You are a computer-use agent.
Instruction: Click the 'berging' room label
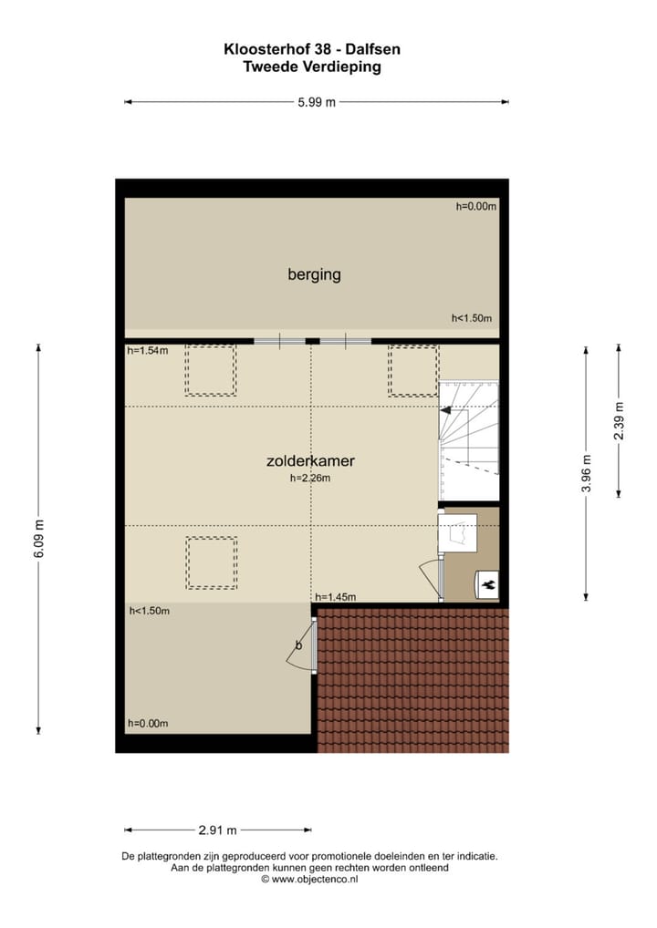pos(314,273)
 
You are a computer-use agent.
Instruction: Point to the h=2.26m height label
pos(309,478)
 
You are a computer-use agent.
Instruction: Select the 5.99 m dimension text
pos(316,102)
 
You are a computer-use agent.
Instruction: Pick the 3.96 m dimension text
pos(587,473)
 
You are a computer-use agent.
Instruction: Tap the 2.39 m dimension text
pos(619,420)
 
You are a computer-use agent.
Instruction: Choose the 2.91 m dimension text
pos(217,830)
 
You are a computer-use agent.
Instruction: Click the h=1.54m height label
pos(148,351)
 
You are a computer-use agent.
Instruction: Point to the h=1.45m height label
pos(335,597)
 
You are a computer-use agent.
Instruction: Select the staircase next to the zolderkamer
pos(469,423)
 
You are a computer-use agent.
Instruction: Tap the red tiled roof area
pos(412,679)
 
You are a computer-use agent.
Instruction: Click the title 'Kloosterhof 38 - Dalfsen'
pos(313,50)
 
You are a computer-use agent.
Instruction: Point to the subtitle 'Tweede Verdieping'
pos(313,67)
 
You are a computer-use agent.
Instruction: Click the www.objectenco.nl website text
pos(315,879)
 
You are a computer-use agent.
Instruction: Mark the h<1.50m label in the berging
pos(472,318)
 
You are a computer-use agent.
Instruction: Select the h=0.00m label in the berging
pos(475,207)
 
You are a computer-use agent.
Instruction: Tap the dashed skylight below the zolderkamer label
pos(212,562)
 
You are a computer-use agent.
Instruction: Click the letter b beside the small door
pos(297,646)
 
